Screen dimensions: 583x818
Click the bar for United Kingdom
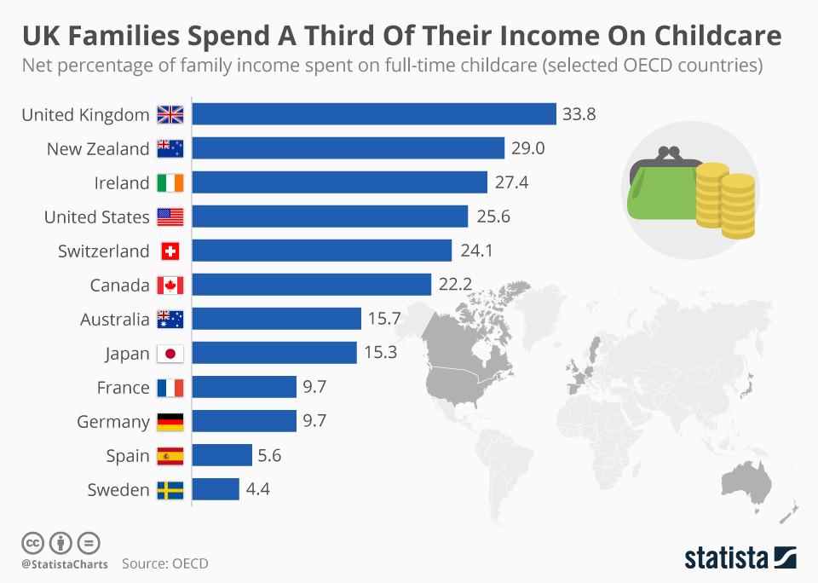click(x=374, y=114)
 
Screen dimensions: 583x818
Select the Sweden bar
click(x=216, y=489)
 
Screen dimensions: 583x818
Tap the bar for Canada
click(x=312, y=285)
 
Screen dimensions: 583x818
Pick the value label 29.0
click(x=527, y=148)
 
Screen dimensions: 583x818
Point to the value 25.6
click(x=493, y=216)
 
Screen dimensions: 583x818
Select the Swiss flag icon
click(x=170, y=251)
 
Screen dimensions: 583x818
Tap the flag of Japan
click(x=170, y=354)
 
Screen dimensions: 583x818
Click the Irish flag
click(x=170, y=183)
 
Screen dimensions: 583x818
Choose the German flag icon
click(x=170, y=422)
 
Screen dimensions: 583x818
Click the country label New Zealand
click(x=98, y=149)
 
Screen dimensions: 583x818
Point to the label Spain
click(x=128, y=456)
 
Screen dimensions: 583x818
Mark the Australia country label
click(x=115, y=320)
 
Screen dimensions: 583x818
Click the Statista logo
click(x=740, y=558)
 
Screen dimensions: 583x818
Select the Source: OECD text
click(x=164, y=563)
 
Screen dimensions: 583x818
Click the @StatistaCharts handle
click(x=65, y=563)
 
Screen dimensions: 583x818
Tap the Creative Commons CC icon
click(x=32, y=542)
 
